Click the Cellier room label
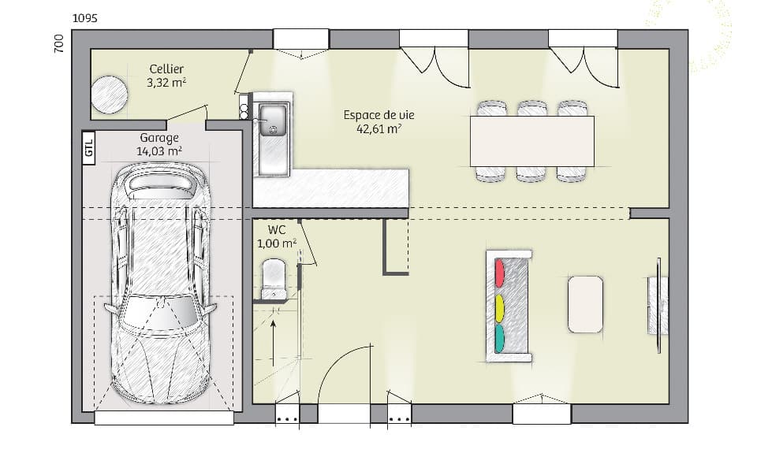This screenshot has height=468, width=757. (166, 69)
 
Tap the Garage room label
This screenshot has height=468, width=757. (159, 138)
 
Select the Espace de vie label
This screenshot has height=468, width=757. (378, 115)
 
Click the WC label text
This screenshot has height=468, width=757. (276, 229)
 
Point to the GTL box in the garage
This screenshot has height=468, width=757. (89, 148)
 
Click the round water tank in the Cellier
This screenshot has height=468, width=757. (109, 95)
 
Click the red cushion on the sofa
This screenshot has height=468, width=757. (499, 273)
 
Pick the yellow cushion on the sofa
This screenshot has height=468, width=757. (499, 308)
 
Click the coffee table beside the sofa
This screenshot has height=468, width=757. (585, 303)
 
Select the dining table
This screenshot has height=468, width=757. (531, 141)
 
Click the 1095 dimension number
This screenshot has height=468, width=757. (84, 18)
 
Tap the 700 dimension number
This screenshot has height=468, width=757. (58, 44)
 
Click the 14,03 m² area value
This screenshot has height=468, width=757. (159, 152)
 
